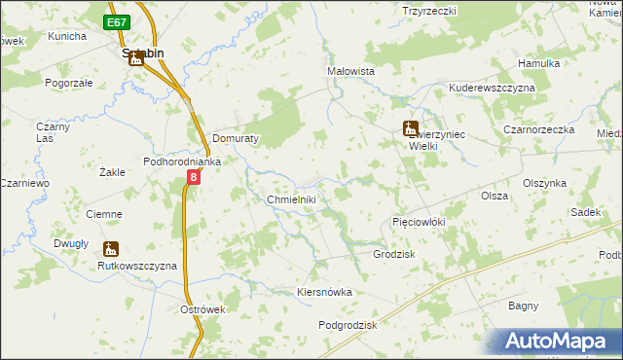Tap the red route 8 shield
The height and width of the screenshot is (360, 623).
click(194, 177)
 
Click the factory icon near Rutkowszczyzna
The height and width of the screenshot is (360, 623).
click(110, 249)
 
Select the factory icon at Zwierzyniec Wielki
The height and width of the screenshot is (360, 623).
click(411, 128)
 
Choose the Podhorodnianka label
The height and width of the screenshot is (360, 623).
click(183, 162)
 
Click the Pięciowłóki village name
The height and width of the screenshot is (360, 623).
click(418, 222)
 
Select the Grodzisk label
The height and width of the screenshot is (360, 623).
click(394, 254)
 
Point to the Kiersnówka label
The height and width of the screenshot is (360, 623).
click(324, 292)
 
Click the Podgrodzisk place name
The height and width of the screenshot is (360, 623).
click(347, 325)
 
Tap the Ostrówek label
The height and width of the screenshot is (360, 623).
click(203, 310)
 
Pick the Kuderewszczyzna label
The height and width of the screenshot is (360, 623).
click(492, 88)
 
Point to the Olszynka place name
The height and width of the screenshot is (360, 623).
click(544, 183)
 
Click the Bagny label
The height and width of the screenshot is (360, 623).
click(524, 306)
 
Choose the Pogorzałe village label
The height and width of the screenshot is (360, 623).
click(68, 84)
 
